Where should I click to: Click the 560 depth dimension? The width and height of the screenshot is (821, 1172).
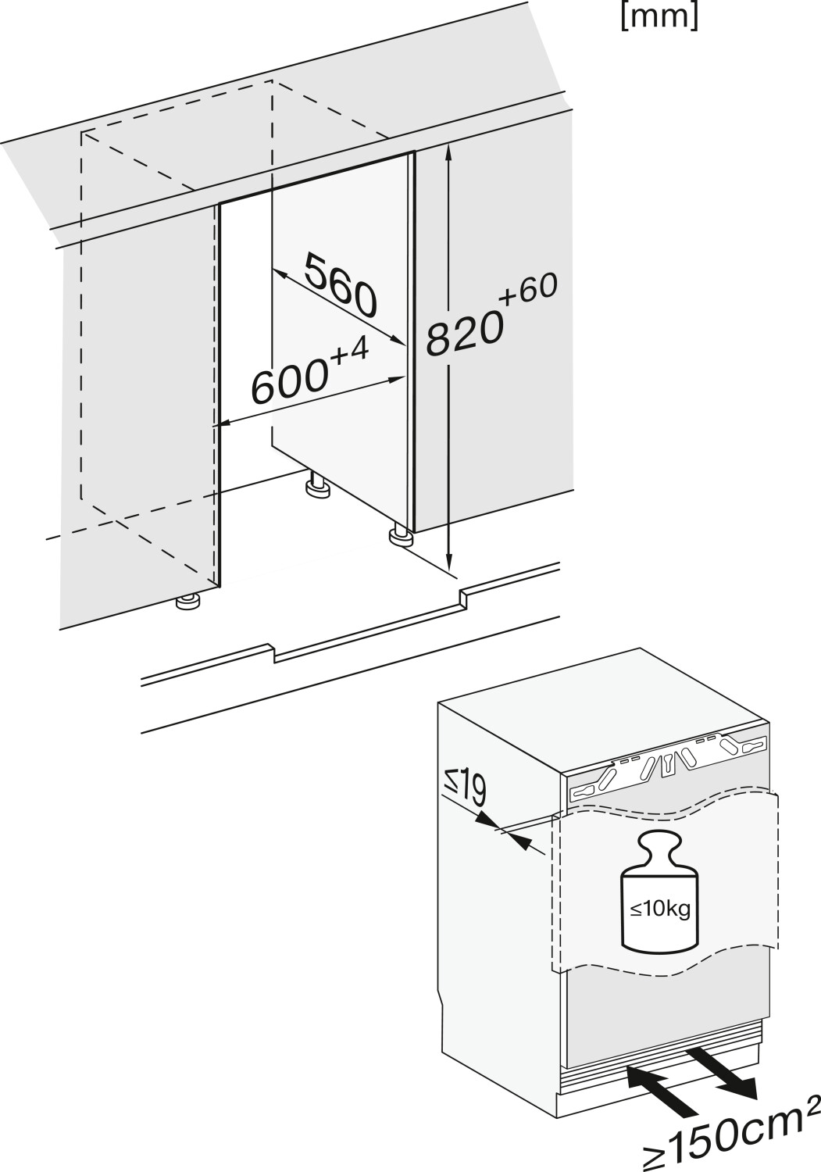coord(341,285)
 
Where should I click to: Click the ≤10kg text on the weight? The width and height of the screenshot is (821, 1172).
coord(660,909)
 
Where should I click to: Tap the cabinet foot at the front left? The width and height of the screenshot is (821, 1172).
coord(188,602)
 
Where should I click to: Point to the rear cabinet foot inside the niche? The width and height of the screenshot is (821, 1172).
coord(317,488)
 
